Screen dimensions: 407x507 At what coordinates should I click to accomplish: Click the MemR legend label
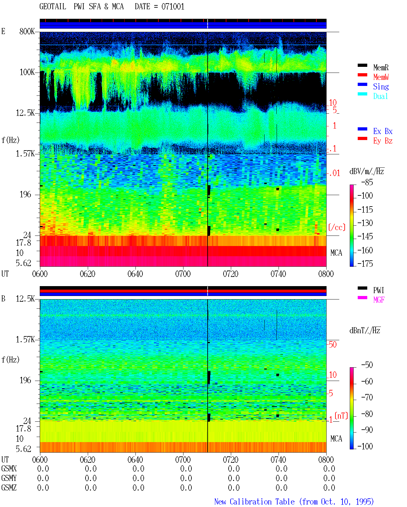pyautogui.click(x=381, y=67)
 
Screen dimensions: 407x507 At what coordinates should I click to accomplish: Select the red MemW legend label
pyautogui.click(x=381, y=77)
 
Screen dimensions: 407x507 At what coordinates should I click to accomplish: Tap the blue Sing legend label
pyautogui.click(x=381, y=87)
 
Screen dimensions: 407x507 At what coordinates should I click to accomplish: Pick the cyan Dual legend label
pyautogui.click(x=380, y=96)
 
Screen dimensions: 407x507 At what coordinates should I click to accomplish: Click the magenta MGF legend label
pyautogui.click(x=379, y=300)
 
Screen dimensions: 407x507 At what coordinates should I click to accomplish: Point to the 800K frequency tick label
pyautogui.click(x=27, y=31)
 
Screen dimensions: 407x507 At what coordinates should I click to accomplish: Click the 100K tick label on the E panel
pyautogui.click(x=27, y=72)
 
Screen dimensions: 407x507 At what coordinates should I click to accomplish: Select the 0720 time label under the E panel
pyautogui.click(x=231, y=274)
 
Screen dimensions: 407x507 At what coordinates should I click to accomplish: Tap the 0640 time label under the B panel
pyautogui.click(x=135, y=460)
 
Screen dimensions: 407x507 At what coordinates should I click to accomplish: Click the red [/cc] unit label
pyautogui.click(x=337, y=227)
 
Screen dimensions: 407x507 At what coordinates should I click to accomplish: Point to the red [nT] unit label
pyautogui.click(x=341, y=416)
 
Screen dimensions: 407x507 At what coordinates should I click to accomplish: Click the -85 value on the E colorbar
pyautogui.click(x=367, y=182)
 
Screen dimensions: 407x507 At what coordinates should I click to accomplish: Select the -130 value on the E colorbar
pyautogui.click(x=365, y=223)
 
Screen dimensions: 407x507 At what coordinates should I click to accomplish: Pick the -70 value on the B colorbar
pyautogui.click(x=367, y=398)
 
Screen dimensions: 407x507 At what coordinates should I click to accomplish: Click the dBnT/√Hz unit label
pyautogui.click(x=365, y=330)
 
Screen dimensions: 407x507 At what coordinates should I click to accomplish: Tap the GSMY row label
pyautogui.click(x=9, y=478)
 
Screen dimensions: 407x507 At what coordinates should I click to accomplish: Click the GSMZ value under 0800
pyautogui.click(x=329, y=488)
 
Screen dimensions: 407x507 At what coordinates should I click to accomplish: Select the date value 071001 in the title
pyautogui.click(x=173, y=7)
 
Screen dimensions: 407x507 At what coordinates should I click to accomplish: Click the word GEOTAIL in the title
pyautogui.click(x=53, y=7)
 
